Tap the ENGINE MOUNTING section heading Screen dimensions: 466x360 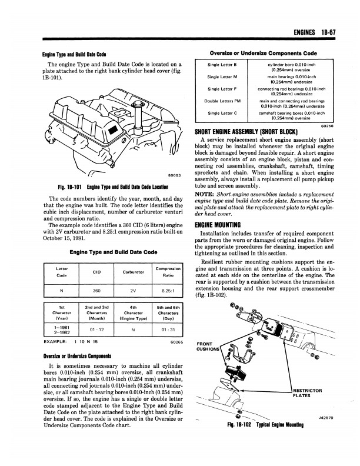(218, 225)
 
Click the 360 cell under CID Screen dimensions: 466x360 (96, 290)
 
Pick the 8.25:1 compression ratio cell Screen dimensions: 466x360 (168, 290)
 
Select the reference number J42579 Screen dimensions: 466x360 (326, 418)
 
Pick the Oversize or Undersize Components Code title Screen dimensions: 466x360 (264, 52)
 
